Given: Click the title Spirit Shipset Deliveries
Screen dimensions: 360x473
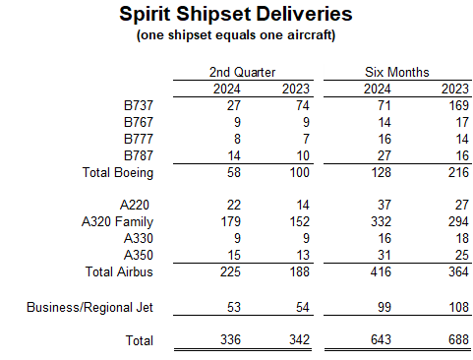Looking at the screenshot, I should tap(236, 16).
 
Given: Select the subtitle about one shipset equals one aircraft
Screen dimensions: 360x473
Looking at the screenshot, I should tap(236, 35).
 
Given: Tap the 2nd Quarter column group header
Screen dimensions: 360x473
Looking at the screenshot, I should tap(242, 72).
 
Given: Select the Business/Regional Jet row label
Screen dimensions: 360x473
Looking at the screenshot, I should tap(89, 308).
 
